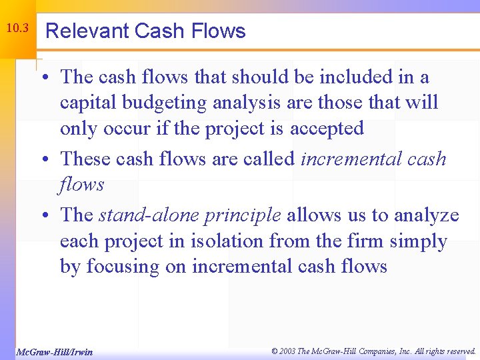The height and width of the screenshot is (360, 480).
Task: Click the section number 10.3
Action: (x=17, y=29)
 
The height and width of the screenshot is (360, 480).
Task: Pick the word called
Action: (x=266, y=159)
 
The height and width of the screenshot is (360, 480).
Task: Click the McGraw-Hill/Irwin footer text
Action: (x=54, y=351)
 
